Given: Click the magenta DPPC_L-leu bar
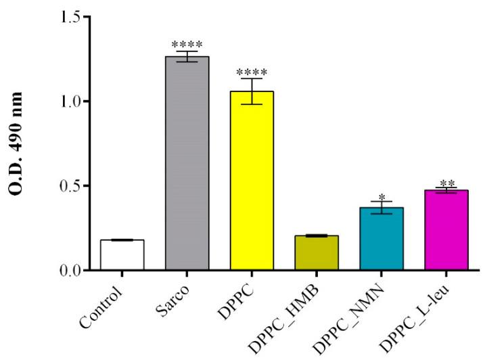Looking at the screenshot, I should pos(446,230).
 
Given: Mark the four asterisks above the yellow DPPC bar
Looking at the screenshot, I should pos(252,72).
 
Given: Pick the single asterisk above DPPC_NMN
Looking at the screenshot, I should pos(382,198).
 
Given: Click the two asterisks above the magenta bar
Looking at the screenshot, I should pos(446,183).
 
